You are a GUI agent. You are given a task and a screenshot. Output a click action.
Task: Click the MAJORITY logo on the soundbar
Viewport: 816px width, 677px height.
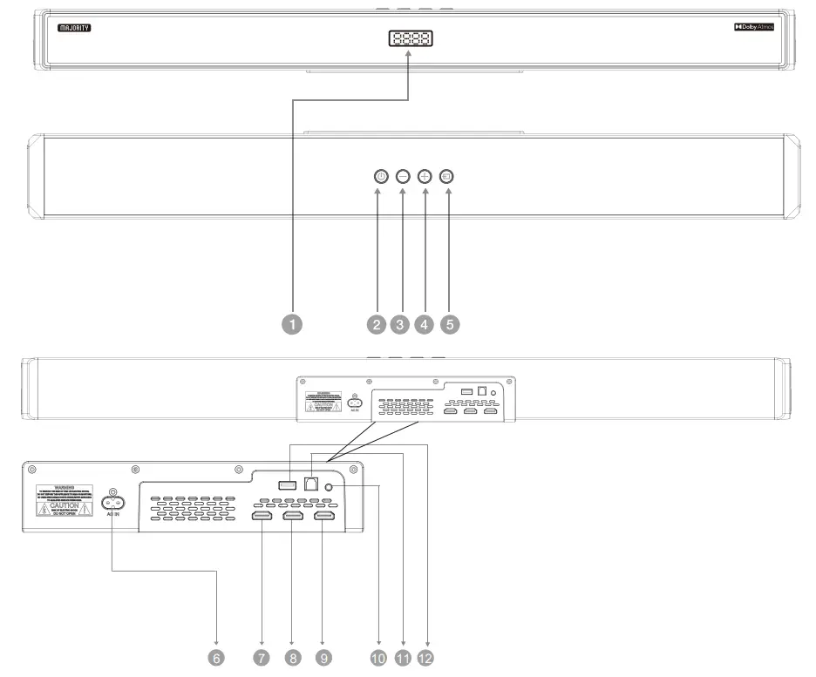tap(74, 28)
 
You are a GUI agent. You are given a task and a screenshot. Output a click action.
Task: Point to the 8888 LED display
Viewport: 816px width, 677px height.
tap(411, 39)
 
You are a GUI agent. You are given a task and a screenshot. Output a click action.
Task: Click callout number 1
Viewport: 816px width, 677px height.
tap(294, 323)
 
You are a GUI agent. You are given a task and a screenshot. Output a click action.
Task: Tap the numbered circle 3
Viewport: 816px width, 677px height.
tap(400, 323)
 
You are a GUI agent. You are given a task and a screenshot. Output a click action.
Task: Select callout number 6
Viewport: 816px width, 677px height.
tap(217, 658)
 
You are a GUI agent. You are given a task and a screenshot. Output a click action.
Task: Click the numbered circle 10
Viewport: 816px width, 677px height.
tap(378, 658)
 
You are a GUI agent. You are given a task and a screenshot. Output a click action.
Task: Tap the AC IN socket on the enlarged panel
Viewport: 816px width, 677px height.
tap(112, 503)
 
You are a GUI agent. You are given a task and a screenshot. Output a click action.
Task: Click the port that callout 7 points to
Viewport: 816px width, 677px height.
tap(261, 517)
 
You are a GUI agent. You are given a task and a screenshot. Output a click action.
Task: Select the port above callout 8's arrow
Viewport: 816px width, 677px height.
tap(293, 517)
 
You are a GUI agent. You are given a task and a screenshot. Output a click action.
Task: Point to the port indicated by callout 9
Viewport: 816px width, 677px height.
tap(324, 517)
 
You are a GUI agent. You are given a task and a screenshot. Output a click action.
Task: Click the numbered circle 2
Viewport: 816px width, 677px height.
tap(377, 323)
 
